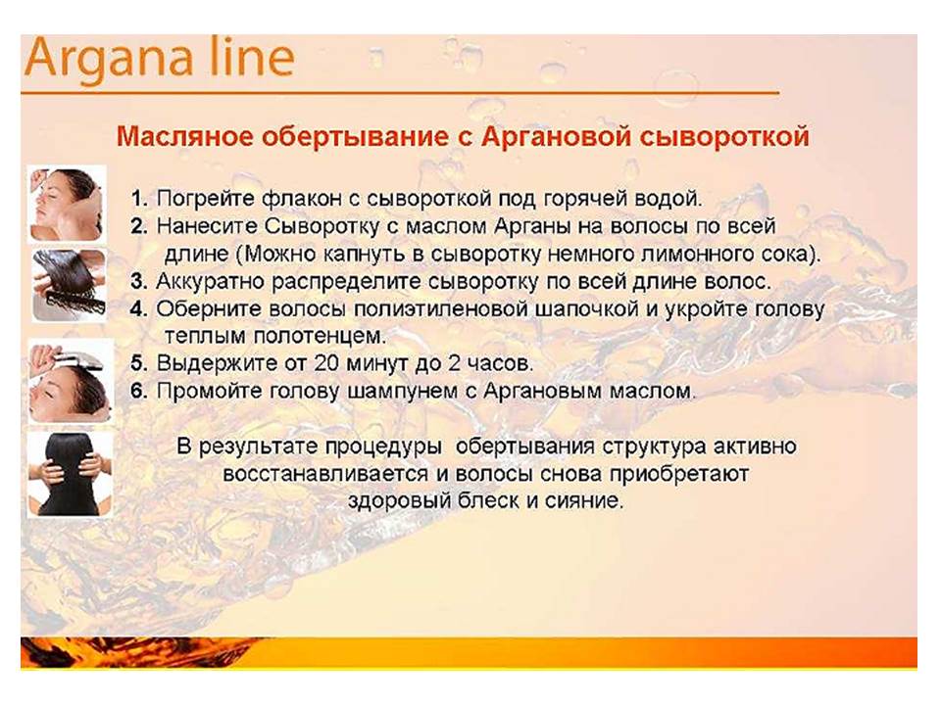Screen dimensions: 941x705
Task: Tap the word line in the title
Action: click(252, 57)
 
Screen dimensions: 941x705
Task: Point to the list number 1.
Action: click(138, 199)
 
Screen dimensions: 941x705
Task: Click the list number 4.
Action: click(138, 309)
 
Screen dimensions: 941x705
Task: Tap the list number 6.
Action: click(138, 391)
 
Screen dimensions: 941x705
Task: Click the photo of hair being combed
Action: click(69, 285)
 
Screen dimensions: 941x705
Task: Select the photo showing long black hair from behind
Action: click(71, 474)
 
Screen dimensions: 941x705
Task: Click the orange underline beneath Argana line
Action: click(400, 93)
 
